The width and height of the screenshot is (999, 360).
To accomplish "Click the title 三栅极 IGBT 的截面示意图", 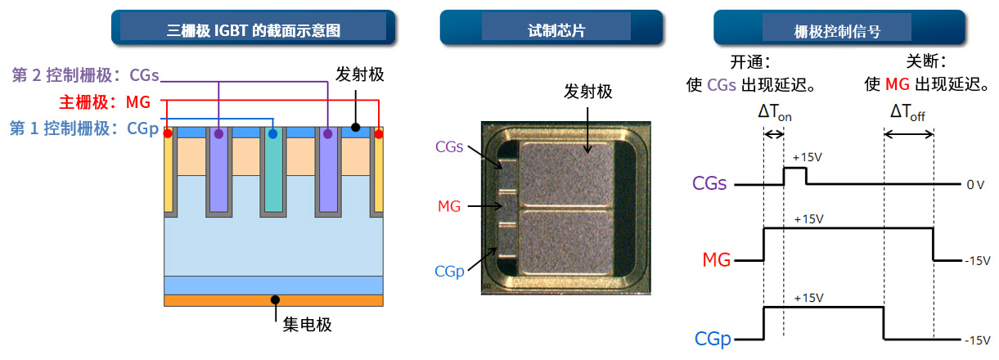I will pos(253,31).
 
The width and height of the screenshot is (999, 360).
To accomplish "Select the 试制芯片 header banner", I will pos(551,31).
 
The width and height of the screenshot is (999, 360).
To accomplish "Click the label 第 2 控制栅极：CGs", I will pos(85,75).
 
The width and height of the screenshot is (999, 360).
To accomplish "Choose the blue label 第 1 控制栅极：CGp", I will pos(83,128).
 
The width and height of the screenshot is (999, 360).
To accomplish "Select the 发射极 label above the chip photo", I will pos(587,91).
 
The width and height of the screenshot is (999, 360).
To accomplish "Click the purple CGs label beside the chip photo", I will pos(450,147).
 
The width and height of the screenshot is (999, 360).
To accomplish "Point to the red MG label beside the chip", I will pos(448,206).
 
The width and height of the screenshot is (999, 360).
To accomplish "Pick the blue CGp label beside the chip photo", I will pos(449,271).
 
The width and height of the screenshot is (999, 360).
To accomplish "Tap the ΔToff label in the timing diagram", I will pos(908,111).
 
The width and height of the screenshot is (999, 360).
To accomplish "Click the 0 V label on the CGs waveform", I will pos(974,186).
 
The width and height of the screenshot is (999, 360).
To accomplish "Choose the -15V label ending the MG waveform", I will pos(977,261).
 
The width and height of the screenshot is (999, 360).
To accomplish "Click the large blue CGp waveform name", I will pos(712,338).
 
